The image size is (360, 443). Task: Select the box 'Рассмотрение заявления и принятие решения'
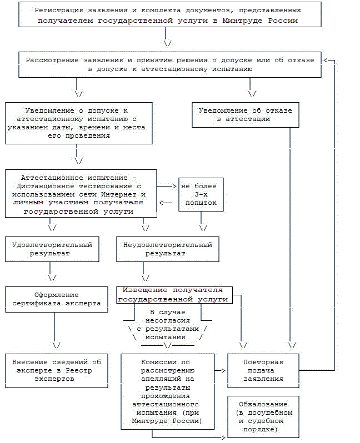pyautogui.click(x=170, y=64)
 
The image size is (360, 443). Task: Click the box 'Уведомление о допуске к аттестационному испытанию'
pyautogui.click(x=77, y=123)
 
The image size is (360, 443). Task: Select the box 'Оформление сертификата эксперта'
pyautogui.click(x=57, y=299)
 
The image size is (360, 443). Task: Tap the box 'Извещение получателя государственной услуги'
pyautogui.click(x=174, y=295)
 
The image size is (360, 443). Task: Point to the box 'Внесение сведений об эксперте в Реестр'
pyautogui.click(x=57, y=370)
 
